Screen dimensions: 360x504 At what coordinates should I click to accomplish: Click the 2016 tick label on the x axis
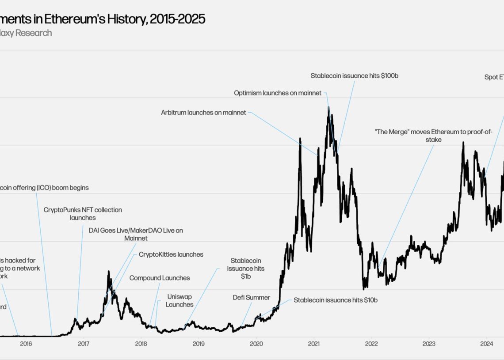click(26, 344)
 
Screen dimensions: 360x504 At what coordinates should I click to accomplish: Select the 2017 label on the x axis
click(84, 344)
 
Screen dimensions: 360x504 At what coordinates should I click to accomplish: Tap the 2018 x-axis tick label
click(141, 344)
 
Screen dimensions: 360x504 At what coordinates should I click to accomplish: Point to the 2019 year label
click(199, 344)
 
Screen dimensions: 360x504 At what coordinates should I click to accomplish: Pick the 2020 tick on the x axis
click(256, 344)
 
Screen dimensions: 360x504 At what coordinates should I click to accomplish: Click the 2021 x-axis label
click(314, 344)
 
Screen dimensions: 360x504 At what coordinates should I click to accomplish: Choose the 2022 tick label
click(371, 344)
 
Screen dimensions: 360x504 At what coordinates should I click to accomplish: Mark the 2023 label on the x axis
click(429, 344)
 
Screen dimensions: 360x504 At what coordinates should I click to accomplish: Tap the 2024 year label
click(486, 344)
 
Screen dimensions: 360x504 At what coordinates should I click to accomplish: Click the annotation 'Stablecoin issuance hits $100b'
click(355, 76)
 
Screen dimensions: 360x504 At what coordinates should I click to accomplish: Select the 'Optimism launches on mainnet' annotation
click(278, 93)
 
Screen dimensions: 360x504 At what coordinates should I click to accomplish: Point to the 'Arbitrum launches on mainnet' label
click(203, 113)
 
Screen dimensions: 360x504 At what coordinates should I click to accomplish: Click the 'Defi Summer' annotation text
click(251, 297)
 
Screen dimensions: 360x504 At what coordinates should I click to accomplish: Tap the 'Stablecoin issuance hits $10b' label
click(336, 300)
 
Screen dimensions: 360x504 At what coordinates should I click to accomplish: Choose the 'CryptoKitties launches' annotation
click(171, 254)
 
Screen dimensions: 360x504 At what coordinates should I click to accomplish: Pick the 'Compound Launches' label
click(160, 278)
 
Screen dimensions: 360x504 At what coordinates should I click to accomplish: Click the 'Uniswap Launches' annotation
click(179, 300)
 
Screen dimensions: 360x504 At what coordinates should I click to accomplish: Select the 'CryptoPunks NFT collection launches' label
click(83, 214)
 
